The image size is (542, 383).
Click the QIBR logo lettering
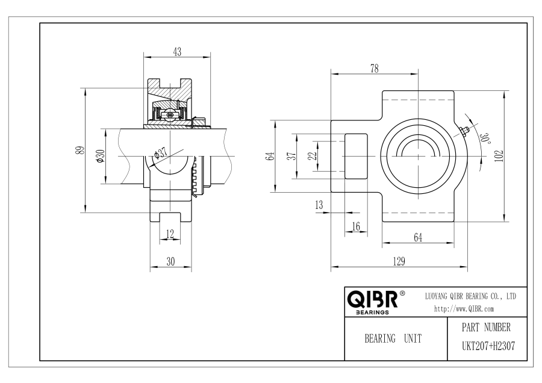[372, 299]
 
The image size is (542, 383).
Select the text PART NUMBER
[486, 327]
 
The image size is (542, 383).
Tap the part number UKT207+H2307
[488, 346]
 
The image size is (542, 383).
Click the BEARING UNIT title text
[393, 338]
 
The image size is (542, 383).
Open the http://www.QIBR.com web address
[464, 309]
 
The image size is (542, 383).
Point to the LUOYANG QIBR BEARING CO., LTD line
[470, 296]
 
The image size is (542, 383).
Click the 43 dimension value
[177, 52]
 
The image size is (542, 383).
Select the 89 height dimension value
[81, 151]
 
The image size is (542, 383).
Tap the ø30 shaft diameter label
[100, 156]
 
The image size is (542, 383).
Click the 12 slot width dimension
[170, 234]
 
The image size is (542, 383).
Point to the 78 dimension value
[375, 69]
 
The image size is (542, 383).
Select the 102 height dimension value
[499, 155]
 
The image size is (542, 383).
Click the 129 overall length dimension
[399, 261]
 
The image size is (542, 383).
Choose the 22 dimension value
[313, 156]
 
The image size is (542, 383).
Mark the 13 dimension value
[319, 205]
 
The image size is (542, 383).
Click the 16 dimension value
[356, 226]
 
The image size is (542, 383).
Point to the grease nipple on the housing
[463, 131]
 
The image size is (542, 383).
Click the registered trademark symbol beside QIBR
[402, 293]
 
